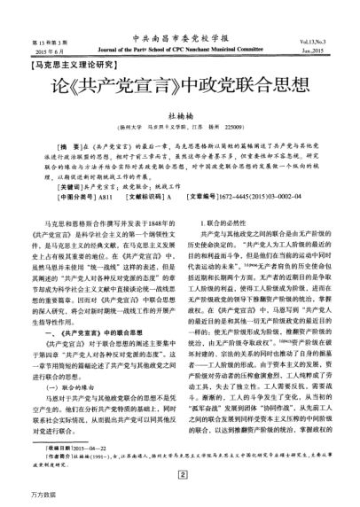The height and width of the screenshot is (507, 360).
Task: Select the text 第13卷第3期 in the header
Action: pyautogui.click(x=36, y=41)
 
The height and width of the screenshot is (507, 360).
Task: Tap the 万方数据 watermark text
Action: pyautogui.click(x=15, y=496)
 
